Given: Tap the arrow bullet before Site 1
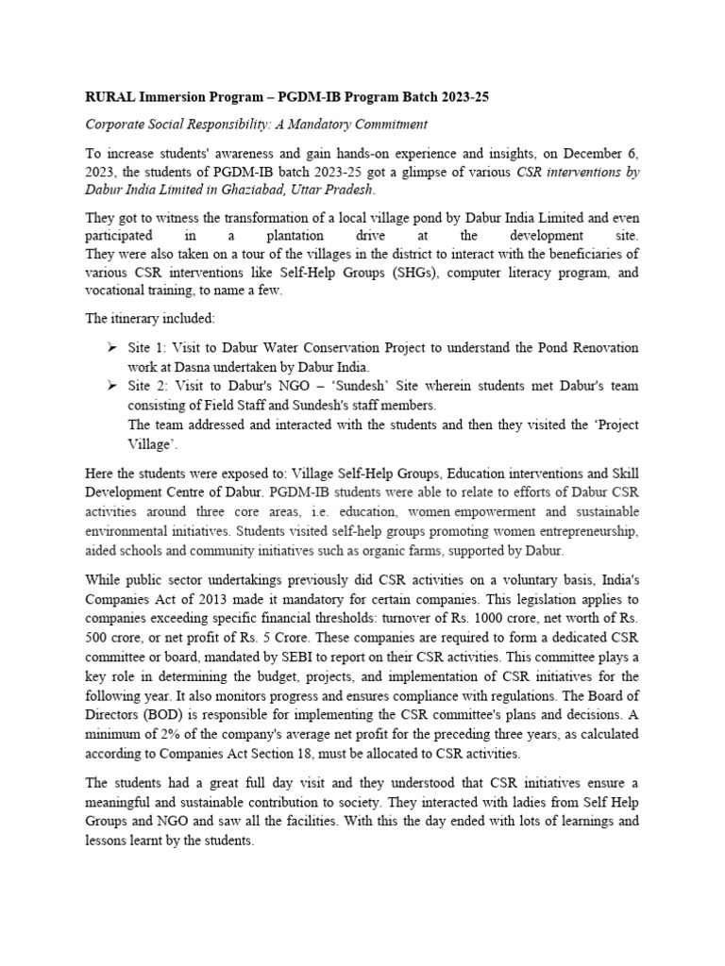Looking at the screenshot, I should pyautogui.click(x=111, y=348).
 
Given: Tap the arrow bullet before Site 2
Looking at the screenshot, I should pyautogui.click(x=111, y=386).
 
